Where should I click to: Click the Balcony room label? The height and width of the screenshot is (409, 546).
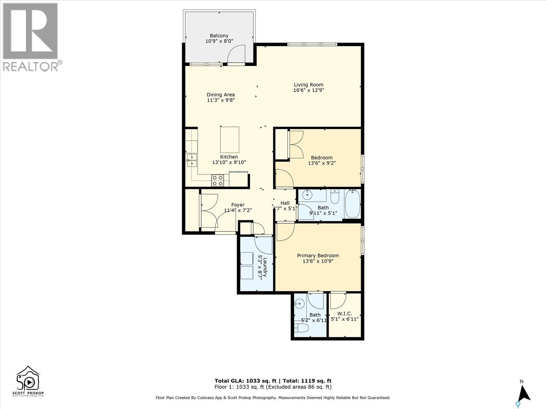click(219, 35)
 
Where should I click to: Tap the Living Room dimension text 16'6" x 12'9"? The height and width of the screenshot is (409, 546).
click(308, 90)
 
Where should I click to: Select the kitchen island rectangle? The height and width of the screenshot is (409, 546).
click(230, 140)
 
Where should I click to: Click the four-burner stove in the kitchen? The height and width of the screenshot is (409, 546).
click(217, 180)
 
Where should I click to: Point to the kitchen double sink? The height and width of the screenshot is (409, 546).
click(192, 160)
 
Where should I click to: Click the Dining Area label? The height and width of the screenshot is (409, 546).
click(221, 95)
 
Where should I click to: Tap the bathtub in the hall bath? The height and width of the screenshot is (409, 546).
click(353, 204)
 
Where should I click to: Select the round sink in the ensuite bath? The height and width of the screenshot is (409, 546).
click(300, 303)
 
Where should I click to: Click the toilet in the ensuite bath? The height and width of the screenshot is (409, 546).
click(302, 328)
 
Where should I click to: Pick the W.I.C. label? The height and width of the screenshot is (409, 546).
click(344, 314)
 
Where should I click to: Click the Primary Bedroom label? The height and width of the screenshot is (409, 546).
click(318, 256)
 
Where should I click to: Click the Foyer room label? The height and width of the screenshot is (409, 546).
click(238, 205)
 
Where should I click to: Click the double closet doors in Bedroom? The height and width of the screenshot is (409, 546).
click(296, 144)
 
